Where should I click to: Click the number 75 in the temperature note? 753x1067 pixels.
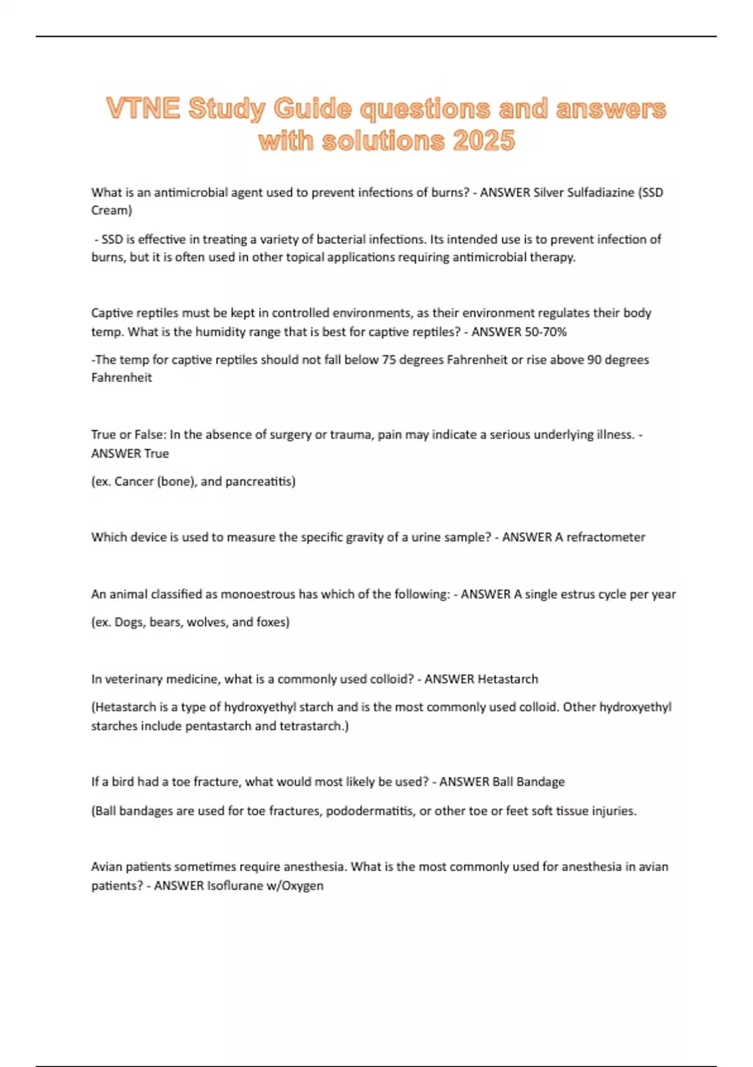click(x=388, y=360)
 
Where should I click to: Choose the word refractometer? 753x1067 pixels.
click(x=606, y=537)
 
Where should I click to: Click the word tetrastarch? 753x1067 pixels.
click(x=314, y=726)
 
